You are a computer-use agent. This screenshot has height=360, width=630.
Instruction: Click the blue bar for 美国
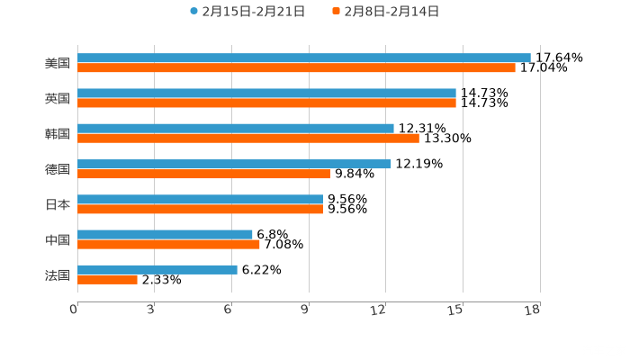point(303,58)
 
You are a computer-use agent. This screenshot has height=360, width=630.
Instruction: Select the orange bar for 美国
point(296,67)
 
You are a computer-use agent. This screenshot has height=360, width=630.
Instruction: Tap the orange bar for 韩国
point(247,138)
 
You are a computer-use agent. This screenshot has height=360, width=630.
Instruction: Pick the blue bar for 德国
point(234,164)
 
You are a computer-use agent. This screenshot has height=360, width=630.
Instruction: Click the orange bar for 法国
point(107,279)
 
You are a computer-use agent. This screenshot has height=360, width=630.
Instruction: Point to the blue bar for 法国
point(157,269)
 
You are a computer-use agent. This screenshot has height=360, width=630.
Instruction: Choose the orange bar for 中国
point(168,244)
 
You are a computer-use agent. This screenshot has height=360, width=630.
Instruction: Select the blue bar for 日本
point(200,199)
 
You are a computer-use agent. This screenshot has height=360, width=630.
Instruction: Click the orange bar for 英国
point(266,103)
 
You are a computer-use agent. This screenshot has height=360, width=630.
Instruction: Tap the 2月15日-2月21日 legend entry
point(247,12)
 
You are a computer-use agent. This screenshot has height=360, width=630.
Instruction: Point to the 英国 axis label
point(58,98)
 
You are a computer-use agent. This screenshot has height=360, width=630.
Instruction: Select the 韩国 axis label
point(58,133)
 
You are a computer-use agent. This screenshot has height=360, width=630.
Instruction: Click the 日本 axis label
point(58,204)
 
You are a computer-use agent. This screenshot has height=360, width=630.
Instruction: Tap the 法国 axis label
point(58,274)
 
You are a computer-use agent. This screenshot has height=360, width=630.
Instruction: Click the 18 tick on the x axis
point(532,310)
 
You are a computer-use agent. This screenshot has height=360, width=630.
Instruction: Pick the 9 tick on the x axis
point(306,310)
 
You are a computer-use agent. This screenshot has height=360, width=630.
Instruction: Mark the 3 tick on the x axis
point(151,310)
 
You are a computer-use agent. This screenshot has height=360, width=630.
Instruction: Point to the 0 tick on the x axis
point(75,310)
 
